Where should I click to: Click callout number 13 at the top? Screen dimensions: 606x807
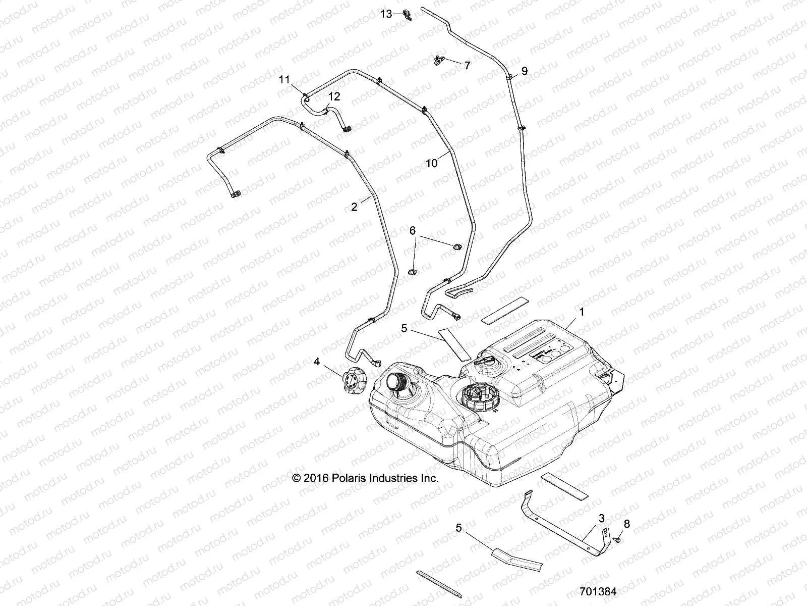[386, 14]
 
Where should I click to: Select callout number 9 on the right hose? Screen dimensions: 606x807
[524, 71]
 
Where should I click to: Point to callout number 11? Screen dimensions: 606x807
[285, 79]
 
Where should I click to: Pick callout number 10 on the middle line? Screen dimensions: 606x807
[432, 163]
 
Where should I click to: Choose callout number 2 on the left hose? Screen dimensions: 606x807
[354, 207]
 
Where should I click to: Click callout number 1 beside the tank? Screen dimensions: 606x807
[582, 312]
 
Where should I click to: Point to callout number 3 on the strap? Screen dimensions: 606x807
[601, 519]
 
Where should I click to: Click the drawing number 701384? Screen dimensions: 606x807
[598, 591]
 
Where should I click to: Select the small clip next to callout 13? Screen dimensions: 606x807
[408, 16]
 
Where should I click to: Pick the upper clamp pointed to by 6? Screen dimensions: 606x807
[457, 246]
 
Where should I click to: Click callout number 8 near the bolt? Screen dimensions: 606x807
[626, 524]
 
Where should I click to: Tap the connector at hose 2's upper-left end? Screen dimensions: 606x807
[235, 194]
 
